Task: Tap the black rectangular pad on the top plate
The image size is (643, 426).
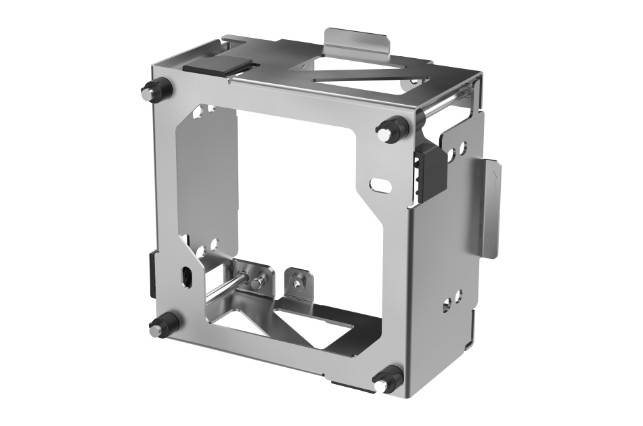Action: click(x=214, y=64)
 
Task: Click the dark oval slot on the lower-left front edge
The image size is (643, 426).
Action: click(x=186, y=276)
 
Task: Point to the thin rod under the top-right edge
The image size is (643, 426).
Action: click(x=450, y=99)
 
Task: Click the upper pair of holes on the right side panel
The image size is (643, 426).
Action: click(x=457, y=148)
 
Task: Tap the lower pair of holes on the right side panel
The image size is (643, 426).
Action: click(x=453, y=301)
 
